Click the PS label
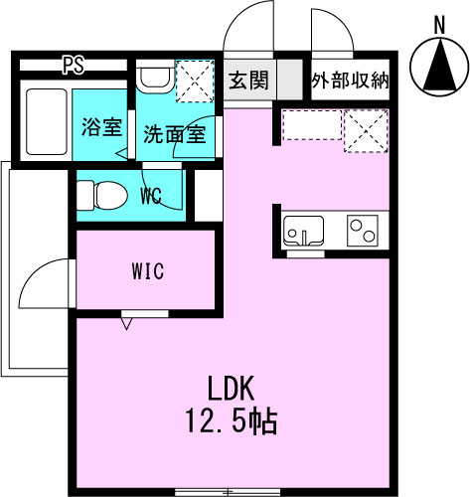point(74,66)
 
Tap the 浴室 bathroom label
point(102,127)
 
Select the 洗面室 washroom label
point(175,134)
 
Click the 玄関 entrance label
point(248,81)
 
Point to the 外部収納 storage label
point(350,80)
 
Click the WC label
point(151,196)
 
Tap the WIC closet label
point(148,270)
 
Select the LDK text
point(231,388)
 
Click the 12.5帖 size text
point(231,420)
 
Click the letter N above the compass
point(439,26)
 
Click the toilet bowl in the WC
point(102,195)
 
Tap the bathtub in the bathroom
point(47,121)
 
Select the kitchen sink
point(304,231)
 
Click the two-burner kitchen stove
point(363,231)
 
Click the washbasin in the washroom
point(155,77)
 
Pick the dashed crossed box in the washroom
point(195,82)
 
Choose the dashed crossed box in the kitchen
point(366,131)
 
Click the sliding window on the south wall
point(228,492)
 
